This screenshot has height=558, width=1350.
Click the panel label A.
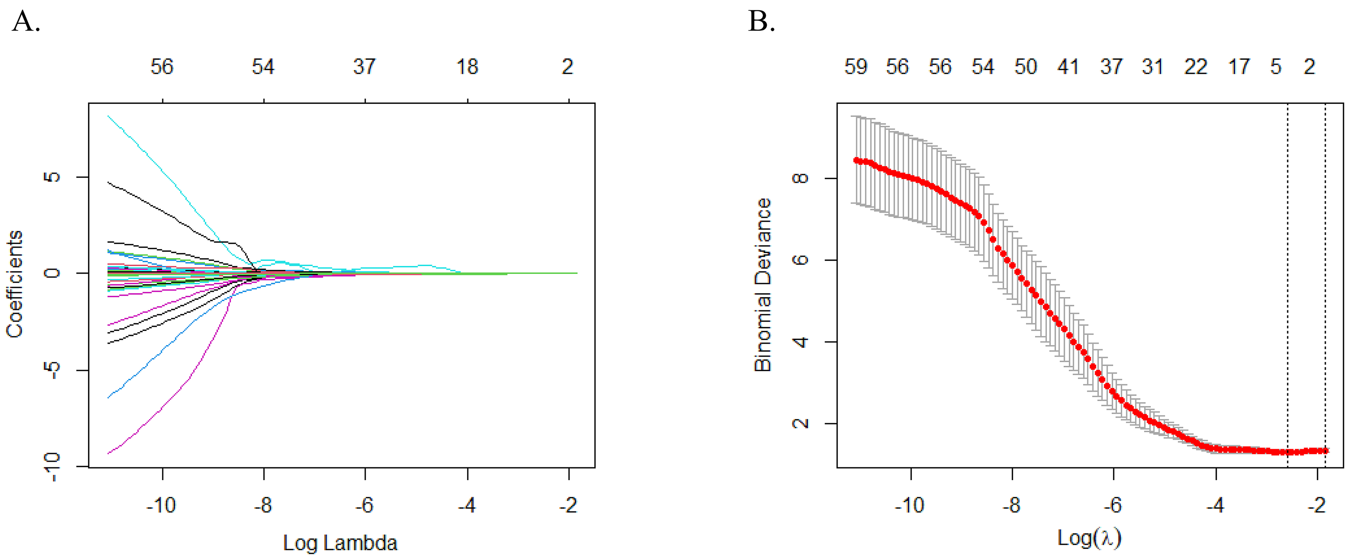[x=25, y=22]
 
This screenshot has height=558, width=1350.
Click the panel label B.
[x=761, y=22]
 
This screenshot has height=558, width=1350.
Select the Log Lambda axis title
[x=340, y=543]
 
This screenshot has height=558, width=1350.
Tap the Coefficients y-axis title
[x=15, y=284]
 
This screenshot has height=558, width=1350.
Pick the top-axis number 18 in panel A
[x=467, y=66]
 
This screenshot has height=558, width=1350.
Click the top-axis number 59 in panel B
[x=856, y=66]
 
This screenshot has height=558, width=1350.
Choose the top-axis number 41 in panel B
[x=1068, y=66]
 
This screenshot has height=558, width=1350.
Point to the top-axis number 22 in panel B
[x=1196, y=66]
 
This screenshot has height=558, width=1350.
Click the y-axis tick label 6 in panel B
[x=801, y=260]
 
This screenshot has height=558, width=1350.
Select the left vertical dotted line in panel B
[x=1287, y=283]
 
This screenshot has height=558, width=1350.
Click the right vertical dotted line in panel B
[x=1325, y=283]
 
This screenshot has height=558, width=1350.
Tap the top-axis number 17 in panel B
[x=1239, y=66]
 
